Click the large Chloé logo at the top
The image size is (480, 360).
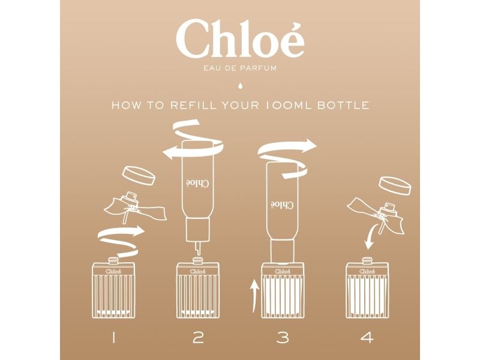coord(240,39)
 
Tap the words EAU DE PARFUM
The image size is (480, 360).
coord(240,68)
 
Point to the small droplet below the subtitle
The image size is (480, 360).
coord(240,86)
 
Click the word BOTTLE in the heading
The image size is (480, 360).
coord(343,106)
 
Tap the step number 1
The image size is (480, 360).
coord(113,338)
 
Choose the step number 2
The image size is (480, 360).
coord(198,338)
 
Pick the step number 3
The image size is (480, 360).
coord(283,338)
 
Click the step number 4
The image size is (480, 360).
coord(367,338)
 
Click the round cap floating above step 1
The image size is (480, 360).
coord(139,175)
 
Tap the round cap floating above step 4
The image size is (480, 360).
coord(395,185)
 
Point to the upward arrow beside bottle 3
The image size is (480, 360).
coord(254,295)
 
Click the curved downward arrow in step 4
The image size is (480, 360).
coord(372,236)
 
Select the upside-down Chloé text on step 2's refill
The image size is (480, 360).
coord(197,182)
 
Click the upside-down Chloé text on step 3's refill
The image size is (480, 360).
coord(282,204)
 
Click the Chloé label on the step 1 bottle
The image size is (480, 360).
coord(113,271)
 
